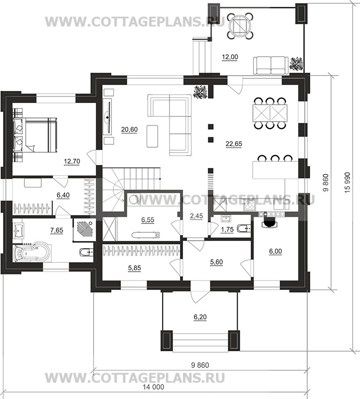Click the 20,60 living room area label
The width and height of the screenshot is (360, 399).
(129, 129)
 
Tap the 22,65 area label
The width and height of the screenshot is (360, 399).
(234, 144)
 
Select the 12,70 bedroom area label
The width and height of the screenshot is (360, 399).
(72, 161)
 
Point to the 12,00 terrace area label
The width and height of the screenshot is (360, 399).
(230, 57)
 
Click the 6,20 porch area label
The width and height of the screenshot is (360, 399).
(200, 317)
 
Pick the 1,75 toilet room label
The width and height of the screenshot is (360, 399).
(227, 229)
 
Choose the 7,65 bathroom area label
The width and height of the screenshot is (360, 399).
(57, 230)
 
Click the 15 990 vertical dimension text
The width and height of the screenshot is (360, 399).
(348, 182)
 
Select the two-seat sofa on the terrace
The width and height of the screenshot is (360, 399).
(271, 65)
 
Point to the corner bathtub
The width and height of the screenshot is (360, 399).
(32, 253)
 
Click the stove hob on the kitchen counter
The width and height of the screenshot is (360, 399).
(249, 205)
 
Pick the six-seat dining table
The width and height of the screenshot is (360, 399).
(270, 112)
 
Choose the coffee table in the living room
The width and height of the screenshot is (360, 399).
(152, 136)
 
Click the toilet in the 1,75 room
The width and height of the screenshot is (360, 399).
(244, 228)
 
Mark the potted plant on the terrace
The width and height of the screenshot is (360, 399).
(296, 63)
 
